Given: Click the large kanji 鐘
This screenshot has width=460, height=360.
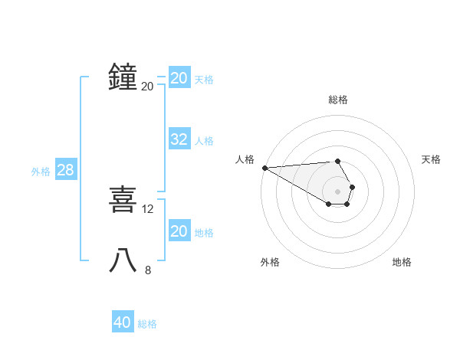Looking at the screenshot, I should coord(123,77).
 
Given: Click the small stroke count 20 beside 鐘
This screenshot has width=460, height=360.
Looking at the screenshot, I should coord(147,87).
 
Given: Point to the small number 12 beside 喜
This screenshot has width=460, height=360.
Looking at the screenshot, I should coord(148,208).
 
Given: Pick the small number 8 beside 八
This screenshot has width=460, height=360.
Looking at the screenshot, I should coord(148,270).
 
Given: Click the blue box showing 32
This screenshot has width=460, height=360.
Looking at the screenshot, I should coord(179,139).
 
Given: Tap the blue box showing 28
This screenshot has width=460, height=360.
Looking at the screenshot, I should coord(65,170).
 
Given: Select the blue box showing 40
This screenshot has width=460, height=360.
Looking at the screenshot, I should coord(122,322).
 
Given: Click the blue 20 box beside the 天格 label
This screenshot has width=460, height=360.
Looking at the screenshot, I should coord(179,78).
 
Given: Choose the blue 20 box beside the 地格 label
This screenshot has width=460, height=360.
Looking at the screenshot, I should coord(179,231).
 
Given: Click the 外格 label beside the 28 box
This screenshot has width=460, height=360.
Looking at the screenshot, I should coord(41,172).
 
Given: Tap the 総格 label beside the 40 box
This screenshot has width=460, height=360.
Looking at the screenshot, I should coord(147,324).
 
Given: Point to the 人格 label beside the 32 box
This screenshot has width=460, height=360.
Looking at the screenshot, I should coord(204,141).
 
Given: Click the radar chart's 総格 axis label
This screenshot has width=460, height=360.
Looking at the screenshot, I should coord(338,100).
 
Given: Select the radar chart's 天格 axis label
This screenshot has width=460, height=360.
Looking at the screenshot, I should coord(432,159).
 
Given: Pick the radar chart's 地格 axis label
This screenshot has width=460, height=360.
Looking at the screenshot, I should coord(402,262).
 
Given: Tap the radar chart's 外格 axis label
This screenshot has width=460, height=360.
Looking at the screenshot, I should coord(270,262).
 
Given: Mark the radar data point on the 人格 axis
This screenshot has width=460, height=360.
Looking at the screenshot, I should coord(264,167).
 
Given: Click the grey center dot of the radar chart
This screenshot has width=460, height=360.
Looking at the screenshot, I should coord(338,191).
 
